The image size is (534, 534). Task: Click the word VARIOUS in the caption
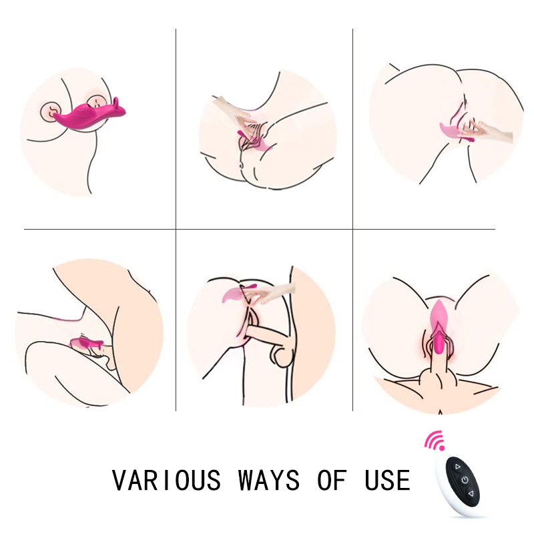point(166,480)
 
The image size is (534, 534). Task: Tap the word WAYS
point(269,480)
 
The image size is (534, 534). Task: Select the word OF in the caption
point(332,480)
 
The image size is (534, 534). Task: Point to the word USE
point(388,480)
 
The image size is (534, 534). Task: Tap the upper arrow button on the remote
point(457,467)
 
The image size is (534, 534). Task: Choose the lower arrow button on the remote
point(471,493)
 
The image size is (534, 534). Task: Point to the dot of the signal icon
point(442,448)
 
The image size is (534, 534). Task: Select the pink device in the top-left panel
point(89,115)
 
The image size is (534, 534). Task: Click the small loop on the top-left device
point(116,103)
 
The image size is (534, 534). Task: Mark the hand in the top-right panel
point(487,131)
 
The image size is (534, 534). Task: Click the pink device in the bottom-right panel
point(438,326)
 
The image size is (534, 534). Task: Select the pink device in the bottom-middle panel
point(238,293)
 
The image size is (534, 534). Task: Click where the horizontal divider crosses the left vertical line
point(176,229)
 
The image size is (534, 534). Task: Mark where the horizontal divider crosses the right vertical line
point(353,229)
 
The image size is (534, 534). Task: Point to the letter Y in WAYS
point(277,480)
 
